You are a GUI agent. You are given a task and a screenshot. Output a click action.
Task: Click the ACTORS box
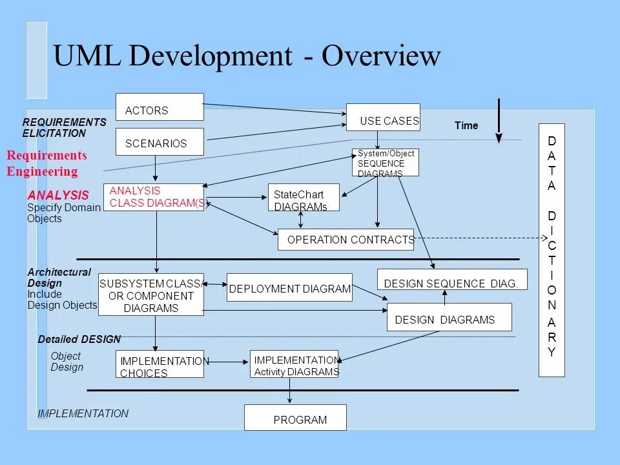(160, 107)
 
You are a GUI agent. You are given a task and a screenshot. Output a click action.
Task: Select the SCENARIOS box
(160, 142)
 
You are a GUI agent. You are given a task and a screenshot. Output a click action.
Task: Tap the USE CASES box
(383, 118)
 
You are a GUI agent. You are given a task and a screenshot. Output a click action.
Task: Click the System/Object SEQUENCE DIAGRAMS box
(386, 163)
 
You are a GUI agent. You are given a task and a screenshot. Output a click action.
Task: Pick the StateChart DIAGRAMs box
(304, 198)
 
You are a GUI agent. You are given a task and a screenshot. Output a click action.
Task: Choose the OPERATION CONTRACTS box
(346, 240)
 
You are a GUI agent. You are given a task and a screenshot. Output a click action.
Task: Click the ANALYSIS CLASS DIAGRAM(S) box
(154, 198)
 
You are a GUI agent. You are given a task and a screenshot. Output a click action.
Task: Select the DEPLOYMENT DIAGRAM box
(290, 288)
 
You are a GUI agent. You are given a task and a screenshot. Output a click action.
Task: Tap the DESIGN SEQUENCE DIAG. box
(452, 280)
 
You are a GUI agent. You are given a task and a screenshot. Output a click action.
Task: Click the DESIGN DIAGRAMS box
(449, 317)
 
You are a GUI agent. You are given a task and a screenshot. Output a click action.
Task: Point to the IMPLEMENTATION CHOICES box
(160, 364)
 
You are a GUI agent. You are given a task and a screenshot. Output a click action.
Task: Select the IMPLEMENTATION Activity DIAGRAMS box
(294, 364)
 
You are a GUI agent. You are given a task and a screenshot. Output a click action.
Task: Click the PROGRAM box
(295, 417)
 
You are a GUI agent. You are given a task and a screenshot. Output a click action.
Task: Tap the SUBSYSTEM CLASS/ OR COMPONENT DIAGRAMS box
(151, 294)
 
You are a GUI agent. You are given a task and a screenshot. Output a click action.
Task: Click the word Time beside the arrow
(466, 126)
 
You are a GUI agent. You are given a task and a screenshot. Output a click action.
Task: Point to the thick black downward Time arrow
(499, 120)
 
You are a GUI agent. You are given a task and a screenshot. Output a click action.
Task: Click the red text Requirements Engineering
(46, 163)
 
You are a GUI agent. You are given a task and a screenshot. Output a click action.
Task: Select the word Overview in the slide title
(382, 57)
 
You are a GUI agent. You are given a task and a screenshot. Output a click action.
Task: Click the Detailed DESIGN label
(79, 339)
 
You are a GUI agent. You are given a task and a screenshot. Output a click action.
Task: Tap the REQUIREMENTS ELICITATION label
(64, 128)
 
